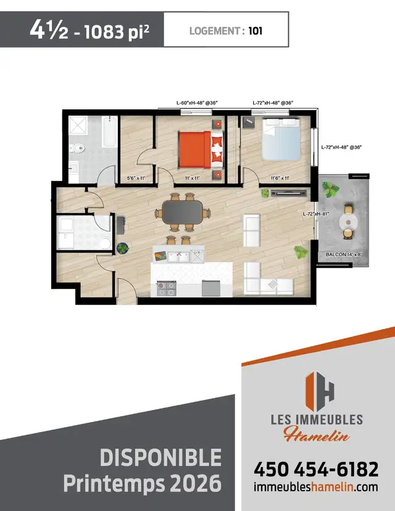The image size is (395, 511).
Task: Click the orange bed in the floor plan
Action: tap(196, 149)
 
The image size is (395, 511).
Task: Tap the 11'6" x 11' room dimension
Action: tap(280, 178)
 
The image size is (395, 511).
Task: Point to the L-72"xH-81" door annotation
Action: tap(315, 214)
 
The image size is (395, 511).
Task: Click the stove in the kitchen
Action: tap(166, 288)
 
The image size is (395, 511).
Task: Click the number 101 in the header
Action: tap(256, 30)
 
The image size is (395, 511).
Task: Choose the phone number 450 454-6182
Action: tap(315, 470)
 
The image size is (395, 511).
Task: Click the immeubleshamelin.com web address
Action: tap(315, 488)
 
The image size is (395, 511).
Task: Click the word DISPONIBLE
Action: tap(160, 458)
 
